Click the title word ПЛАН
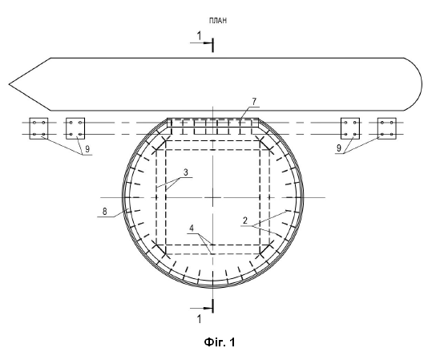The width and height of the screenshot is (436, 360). [x=218, y=20]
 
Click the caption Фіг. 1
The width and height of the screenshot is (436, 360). [x=220, y=342]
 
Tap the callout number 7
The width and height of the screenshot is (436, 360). [x=254, y=102]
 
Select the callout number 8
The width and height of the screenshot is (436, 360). [x=104, y=212]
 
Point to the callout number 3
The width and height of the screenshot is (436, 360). [x=186, y=172]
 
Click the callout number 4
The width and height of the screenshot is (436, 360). [x=192, y=229]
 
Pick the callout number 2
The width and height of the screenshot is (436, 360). [x=245, y=221]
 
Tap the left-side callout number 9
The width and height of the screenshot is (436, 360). [x=87, y=149]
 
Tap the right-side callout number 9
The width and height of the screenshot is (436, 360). [x=339, y=148]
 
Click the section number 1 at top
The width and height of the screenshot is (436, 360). [x=199, y=35]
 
